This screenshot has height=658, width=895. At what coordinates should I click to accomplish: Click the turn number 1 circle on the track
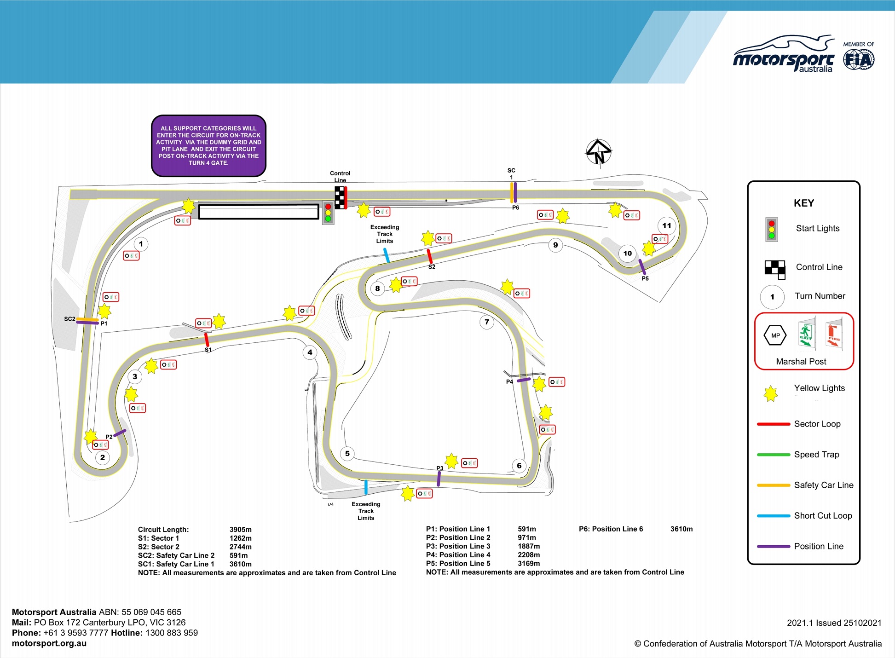coord(141,244)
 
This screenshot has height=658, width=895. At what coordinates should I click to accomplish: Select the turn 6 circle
coord(519,465)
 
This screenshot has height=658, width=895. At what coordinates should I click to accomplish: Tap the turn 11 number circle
coord(667,225)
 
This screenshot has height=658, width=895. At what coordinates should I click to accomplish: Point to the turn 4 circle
coord(310,352)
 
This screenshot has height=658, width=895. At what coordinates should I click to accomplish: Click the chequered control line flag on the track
coord(340,197)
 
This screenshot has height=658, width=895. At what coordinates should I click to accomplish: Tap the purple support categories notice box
coord(208,145)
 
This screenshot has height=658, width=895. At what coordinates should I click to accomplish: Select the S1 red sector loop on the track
coord(207,340)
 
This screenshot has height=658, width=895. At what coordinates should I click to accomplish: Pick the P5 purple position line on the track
coord(642,267)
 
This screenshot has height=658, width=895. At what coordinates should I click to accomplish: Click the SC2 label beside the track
coord(69,319)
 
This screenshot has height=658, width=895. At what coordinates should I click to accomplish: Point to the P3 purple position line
coord(439,479)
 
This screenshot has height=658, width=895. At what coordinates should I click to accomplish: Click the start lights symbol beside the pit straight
coord(328,213)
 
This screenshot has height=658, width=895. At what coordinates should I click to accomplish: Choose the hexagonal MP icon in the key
coord(775,335)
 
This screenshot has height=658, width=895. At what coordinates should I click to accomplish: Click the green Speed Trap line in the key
coord(773,455)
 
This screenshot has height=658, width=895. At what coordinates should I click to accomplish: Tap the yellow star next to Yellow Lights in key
coord(770,393)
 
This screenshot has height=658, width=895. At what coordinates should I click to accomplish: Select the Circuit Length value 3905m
coord(240,530)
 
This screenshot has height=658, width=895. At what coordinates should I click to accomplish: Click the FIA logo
coord(859,60)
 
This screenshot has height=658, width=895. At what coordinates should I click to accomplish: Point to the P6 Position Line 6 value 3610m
coord(681,529)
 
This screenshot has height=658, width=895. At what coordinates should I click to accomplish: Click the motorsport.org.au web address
coord(49,643)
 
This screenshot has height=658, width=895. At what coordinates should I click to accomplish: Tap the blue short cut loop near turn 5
coord(366,487)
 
